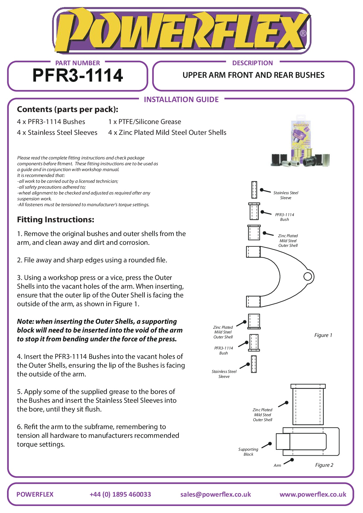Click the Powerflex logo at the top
coord(181,31)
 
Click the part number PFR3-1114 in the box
coord(78,75)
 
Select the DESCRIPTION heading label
coord(252,63)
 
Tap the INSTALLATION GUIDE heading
coord(181,99)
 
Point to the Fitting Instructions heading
coord(56,219)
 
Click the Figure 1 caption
coord(323,335)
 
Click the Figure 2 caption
coord(324,465)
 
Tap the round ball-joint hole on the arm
coord(308,276)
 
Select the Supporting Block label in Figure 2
coord(248,452)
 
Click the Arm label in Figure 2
coord(277,465)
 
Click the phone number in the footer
coord(120,494)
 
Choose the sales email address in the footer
coord(216,494)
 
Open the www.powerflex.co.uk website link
coord(313,494)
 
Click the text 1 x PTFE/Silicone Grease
coord(144,122)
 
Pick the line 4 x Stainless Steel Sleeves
coord(57,132)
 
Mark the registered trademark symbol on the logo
coord(303,33)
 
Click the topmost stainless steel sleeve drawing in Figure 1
coord(254,190)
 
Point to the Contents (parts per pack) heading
coord(68,109)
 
